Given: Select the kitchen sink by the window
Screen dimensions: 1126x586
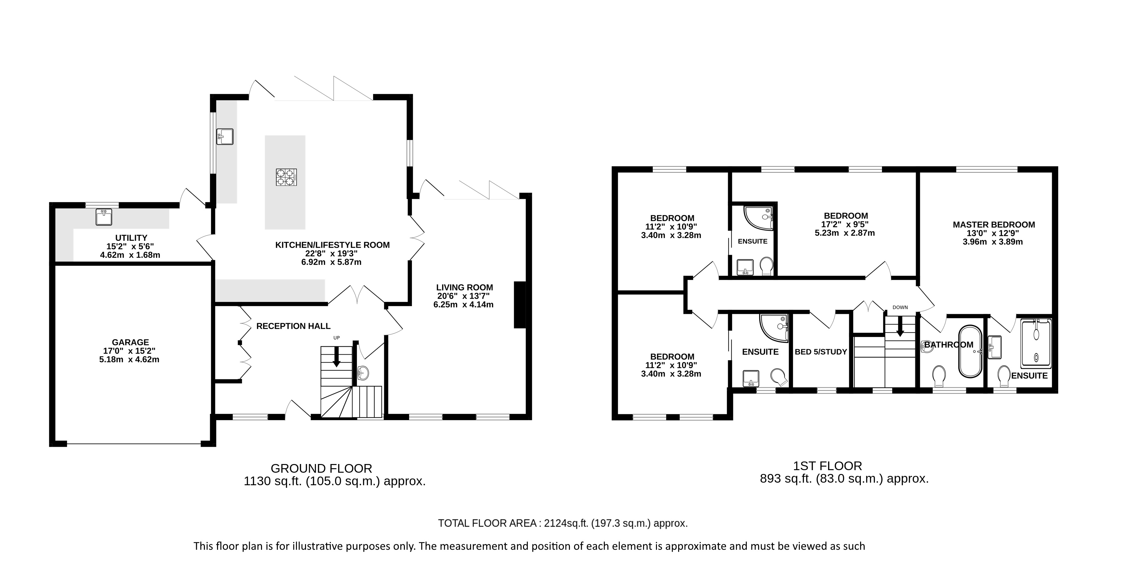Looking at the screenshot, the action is pos(225,136).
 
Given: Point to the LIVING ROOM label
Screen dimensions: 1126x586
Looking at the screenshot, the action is pos(464,288).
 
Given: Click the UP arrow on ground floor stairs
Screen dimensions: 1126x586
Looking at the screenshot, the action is pos(336,357).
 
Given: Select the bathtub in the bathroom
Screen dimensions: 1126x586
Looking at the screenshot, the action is pos(970,351).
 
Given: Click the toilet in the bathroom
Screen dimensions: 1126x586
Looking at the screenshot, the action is pos(938,375).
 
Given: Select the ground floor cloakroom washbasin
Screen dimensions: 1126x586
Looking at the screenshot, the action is pos(362,373).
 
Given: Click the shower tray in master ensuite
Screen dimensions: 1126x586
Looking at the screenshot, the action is pos(1035,343).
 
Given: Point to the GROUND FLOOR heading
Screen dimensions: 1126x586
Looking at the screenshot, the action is pos(321,469).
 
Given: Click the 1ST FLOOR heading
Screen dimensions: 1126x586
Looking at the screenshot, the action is pos(827,466).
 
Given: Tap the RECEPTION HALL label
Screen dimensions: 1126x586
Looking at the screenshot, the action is pos(293,326).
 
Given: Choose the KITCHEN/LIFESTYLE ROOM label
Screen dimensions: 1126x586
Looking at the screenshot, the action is pos(332,245).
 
